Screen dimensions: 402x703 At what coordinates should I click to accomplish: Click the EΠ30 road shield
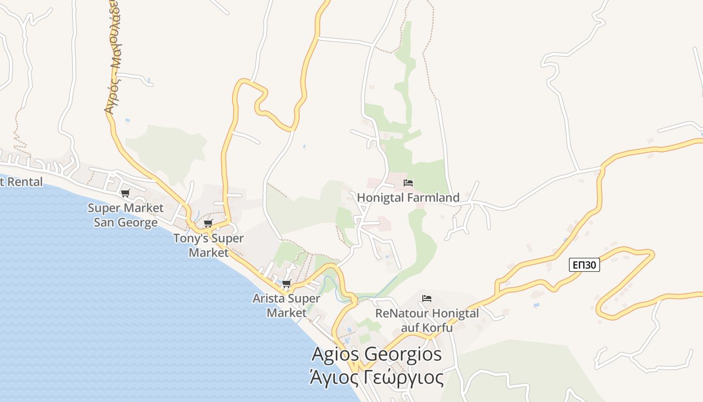coord(584,265)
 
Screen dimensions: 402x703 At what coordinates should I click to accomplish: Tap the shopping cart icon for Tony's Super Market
coord(208,223)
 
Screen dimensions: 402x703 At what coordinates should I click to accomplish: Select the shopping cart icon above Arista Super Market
coord(287,284)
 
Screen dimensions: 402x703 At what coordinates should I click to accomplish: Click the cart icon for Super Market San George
coord(126,193)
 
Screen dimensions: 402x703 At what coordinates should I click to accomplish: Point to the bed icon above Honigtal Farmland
coord(408,182)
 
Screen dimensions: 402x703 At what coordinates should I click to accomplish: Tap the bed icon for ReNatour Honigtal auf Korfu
coord(427,298)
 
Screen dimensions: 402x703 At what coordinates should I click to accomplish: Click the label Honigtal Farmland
coord(408,197)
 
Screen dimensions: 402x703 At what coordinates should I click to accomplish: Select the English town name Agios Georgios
coord(377,354)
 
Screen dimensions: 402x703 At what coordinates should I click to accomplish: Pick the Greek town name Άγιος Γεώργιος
coord(377,377)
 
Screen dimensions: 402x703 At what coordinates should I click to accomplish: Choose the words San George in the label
coord(126,222)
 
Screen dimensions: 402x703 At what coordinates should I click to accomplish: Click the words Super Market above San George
coord(126,208)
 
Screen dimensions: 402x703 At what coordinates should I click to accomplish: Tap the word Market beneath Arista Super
coord(286,313)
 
